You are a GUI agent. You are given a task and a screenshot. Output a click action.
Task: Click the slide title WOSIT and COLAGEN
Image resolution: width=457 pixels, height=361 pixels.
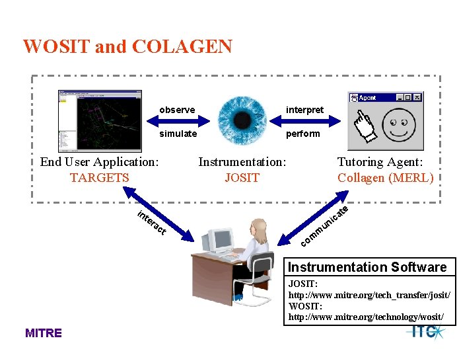coord(127,47)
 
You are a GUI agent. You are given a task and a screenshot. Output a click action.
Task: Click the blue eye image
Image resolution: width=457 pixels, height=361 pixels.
coord(242,120)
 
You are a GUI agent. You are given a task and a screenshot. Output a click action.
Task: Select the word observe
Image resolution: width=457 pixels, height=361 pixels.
coord(177,110)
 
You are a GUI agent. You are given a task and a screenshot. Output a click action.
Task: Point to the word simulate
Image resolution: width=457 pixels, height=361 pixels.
coord(178,134)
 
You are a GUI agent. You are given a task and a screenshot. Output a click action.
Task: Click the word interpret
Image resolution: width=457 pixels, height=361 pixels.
coord(304,110)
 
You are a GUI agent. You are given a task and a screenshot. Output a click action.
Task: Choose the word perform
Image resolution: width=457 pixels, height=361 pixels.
coord(302,134)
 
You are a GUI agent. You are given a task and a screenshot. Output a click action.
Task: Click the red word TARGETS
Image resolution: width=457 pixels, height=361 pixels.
coord(99,177)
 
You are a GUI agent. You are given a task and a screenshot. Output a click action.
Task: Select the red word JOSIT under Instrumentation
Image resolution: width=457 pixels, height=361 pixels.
coord(242,177)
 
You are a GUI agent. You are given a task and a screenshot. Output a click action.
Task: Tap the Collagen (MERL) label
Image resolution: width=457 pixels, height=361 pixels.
coord(385,177)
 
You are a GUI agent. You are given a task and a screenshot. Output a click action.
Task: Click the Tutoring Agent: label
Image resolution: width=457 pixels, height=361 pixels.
coord(380,162)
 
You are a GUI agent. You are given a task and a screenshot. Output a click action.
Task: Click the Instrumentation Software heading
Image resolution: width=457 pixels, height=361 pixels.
coord(367,267)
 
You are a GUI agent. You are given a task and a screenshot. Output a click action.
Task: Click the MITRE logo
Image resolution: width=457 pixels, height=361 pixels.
coord(43,333)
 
